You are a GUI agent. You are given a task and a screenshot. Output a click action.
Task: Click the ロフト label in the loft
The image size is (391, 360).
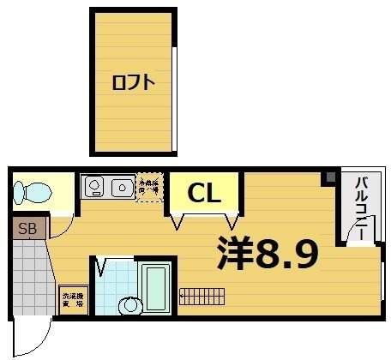[x=133, y=82]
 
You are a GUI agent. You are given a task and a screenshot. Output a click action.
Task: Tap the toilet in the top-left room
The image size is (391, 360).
[x=31, y=193]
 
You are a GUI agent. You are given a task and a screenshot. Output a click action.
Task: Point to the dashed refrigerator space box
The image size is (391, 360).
[x=149, y=186]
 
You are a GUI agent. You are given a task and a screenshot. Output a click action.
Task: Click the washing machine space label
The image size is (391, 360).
[x=73, y=300]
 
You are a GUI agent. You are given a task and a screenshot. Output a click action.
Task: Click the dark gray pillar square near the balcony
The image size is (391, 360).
[x=328, y=177]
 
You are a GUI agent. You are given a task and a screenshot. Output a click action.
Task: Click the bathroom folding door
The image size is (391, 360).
[x=102, y=267]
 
